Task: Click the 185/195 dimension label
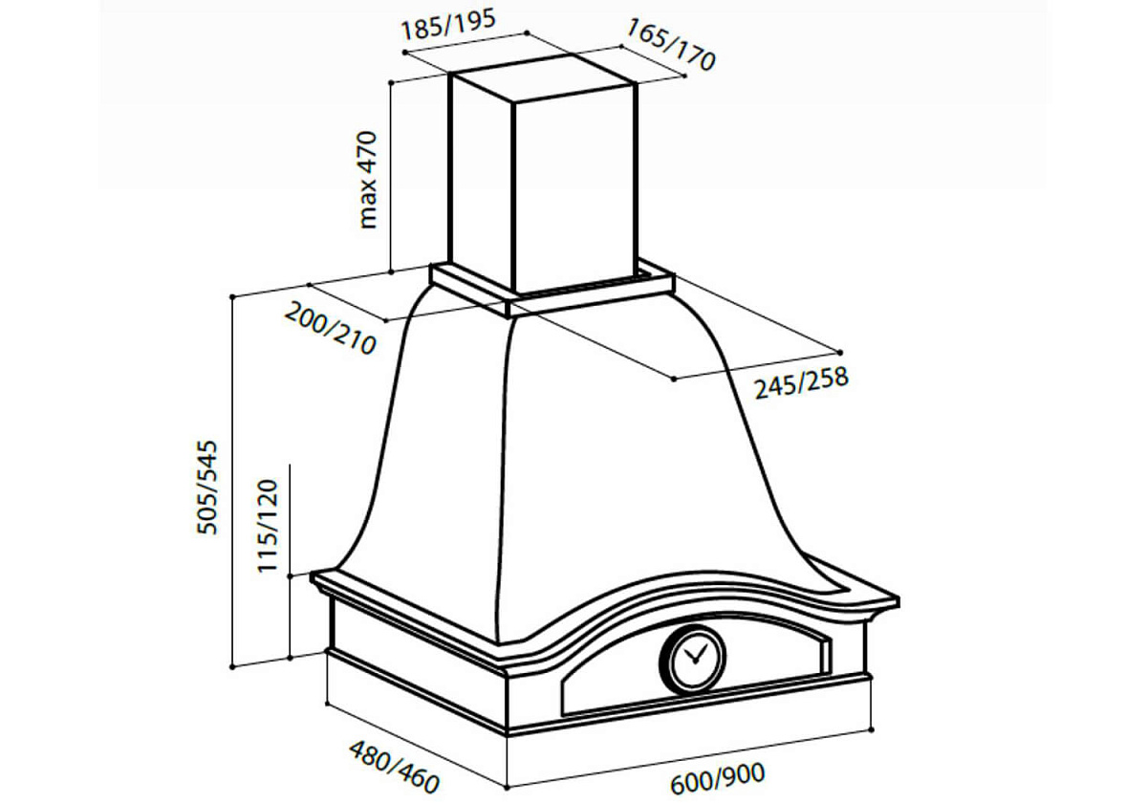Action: (x=448, y=25)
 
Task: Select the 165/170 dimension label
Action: (x=670, y=45)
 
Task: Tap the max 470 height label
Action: (x=368, y=181)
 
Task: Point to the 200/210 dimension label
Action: (x=331, y=329)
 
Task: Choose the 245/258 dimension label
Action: (x=801, y=382)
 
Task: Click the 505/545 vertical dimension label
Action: (x=207, y=487)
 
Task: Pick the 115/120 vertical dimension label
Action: (x=267, y=526)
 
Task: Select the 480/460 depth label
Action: (x=394, y=767)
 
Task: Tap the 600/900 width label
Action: (x=717, y=779)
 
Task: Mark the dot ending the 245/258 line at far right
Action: (x=840, y=353)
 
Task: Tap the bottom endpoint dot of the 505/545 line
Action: (x=232, y=667)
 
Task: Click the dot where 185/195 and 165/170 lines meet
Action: (x=527, y=33)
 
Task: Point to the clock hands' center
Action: (x=695, y=662)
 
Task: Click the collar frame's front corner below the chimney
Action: (x=508, y=316)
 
